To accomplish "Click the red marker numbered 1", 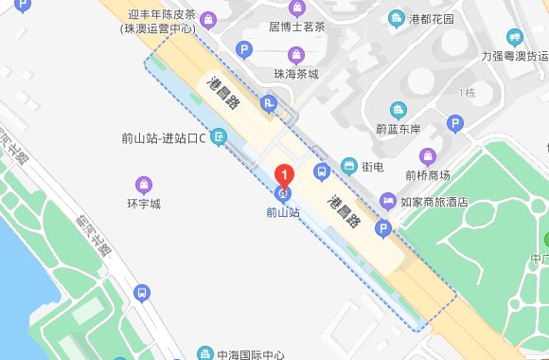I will [283, 174].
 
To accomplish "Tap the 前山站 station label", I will [282, 213].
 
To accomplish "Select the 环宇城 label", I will [144, 203].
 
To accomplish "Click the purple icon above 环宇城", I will [144, 183].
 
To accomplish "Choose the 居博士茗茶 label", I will [300, 28].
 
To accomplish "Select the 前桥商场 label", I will [429, 174].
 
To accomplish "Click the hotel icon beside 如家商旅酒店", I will [387, 201].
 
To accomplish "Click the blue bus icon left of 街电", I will [322, 171].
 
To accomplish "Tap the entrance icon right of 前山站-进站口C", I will [220, 138].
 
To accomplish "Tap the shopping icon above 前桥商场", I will [428, 155].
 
